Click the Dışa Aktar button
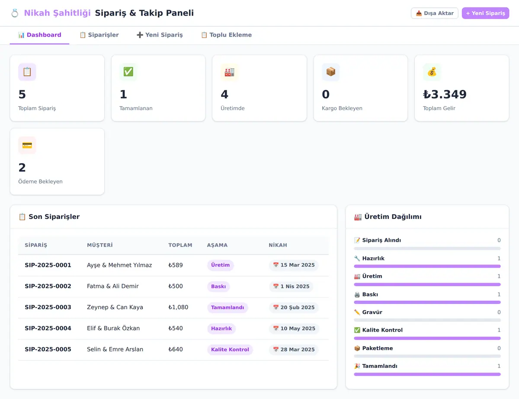click(x=435, y=13)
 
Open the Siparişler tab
click(x=99, y=35)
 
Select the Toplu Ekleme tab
click(x=227, y=35)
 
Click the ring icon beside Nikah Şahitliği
click(x=15, y=13)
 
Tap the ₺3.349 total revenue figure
click(x=445, y=94)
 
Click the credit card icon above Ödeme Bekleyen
click(x=27, y=145)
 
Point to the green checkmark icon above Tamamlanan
click(x=128, y=72)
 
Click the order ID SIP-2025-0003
click(x=48, y=307)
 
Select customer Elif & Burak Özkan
click(x=113, y=328)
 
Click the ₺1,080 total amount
click(x=178, y=307)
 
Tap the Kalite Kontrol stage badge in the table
click(x=230, y=349)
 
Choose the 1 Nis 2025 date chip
click(x=291, y=286)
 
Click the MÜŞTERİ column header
click(x=100, y=245)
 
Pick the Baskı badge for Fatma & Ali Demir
click(x=218, y=286)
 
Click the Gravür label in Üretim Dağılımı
click(x=372, y=312)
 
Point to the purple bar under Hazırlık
click(x=427, y=266)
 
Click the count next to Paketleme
click(x=499, y=348)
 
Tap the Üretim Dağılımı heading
click(x=393, y=217)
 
